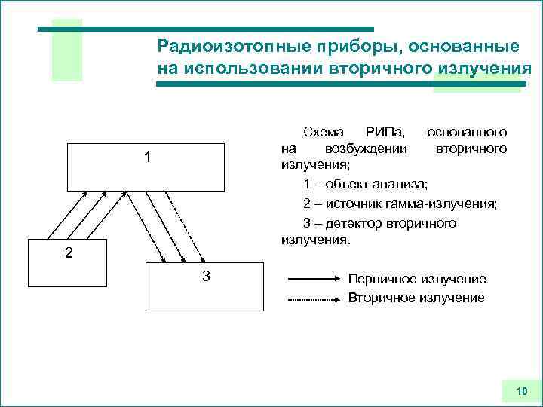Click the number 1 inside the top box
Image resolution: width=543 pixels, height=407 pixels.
point(148,158)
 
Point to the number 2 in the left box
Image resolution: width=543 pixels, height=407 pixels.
point(69,253)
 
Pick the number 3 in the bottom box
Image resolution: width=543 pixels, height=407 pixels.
point(206,277)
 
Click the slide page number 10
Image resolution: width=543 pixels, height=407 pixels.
point(521,390)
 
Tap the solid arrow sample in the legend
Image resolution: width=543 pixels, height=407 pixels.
point(314,279)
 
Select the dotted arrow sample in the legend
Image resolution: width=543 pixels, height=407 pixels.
point(314,299)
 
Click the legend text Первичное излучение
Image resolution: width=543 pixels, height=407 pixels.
point(417,279)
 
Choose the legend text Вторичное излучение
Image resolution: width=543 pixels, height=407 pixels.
point(416,298)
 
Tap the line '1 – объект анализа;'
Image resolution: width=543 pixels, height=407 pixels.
point(366,185)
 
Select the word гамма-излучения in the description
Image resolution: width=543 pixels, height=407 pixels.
point(448,203)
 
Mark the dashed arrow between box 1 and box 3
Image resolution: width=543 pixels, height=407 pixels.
point(183,224)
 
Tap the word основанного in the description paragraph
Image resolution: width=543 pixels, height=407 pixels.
point(467,132)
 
